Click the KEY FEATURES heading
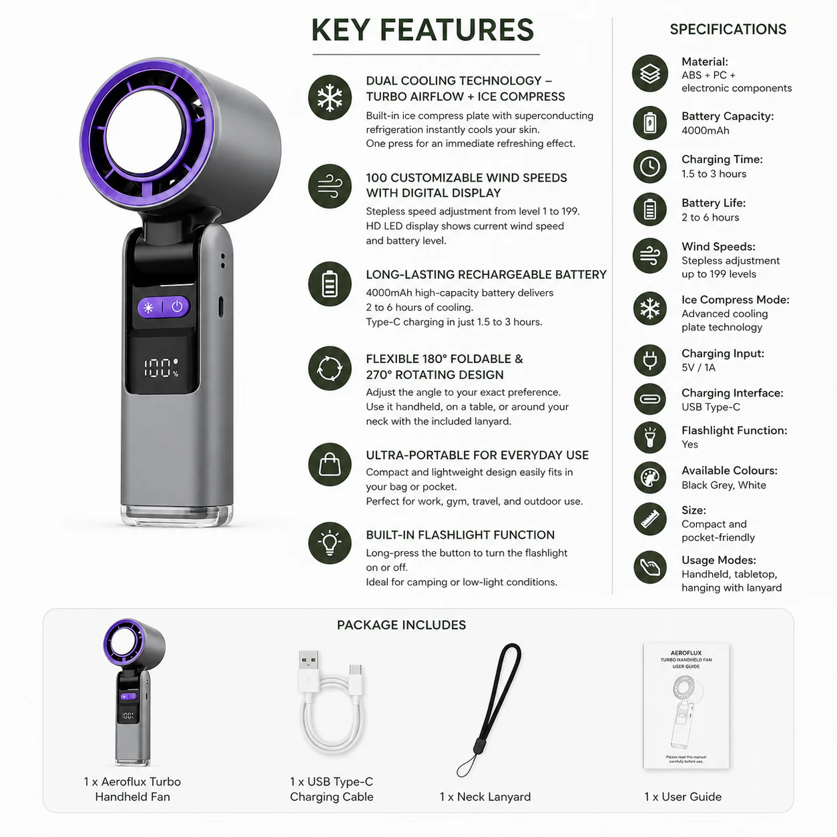click(423, 30)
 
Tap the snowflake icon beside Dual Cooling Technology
click(330, 97)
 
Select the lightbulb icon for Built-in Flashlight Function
click(330, 543)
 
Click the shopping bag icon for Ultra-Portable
click(330, 465)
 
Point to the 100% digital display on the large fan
click(161, 368)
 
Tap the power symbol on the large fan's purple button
click(177, 306)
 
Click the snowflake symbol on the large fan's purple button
click(148, 308)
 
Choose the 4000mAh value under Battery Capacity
click(705, 131)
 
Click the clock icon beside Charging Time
click(649, 166)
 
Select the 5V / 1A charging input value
click(698, 368)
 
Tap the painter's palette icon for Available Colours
click(649, 477)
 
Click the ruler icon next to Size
click(649, 519)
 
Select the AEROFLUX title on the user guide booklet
click(686, 652)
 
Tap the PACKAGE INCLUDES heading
click(401, 625)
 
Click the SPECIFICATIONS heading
click(728, 29)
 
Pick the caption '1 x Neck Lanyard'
click(485, 796)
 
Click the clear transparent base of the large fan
click(177, 515)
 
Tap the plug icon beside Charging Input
click(649, 360)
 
